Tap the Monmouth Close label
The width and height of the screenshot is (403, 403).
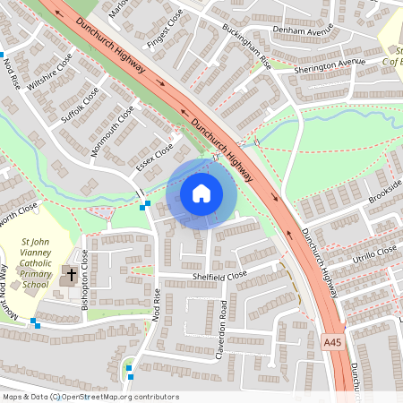pos(112,132)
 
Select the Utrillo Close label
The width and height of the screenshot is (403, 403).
pos(373,254)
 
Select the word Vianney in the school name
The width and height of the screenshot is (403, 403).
pos(39,253)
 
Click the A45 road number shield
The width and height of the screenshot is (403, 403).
pos(332,341)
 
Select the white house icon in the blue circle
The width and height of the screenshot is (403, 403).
pos(201,193)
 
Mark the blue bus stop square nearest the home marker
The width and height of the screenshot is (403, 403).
pos(144,205)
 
